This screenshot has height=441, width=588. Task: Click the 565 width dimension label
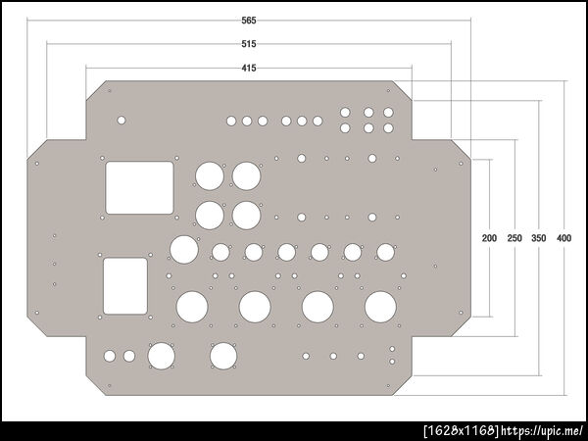tap(249, 21)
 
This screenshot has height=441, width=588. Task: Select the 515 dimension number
tap(249, 44)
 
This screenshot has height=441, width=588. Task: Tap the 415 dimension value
tap(249, 68)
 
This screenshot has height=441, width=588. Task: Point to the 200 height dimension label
tap(489, 238)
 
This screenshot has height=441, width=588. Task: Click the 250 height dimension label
tap(514, 238)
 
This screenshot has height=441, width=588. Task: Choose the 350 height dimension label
tap(538, 238)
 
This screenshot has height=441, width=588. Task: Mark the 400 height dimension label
tap(564, 238)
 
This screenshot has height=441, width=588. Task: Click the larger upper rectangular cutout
tap(139, 187)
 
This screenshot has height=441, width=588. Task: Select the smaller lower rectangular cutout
tap(125, 286)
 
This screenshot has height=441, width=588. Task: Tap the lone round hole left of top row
tap(122, 121)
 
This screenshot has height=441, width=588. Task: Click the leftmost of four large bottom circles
tap(192, 307)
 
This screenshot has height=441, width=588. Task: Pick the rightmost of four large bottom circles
tap(380, 307)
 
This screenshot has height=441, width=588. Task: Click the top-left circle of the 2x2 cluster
tap(210, 175)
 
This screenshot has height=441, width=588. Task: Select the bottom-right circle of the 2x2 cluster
tap(246, 216)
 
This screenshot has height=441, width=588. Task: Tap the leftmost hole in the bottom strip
tap(110, 356)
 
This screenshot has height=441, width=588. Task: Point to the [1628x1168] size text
tap(462, 431)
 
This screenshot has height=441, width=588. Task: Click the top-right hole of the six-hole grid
tap(388, 113)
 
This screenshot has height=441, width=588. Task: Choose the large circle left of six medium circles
tap(184, 249)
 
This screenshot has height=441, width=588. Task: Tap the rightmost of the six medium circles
tap(385, 252)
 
